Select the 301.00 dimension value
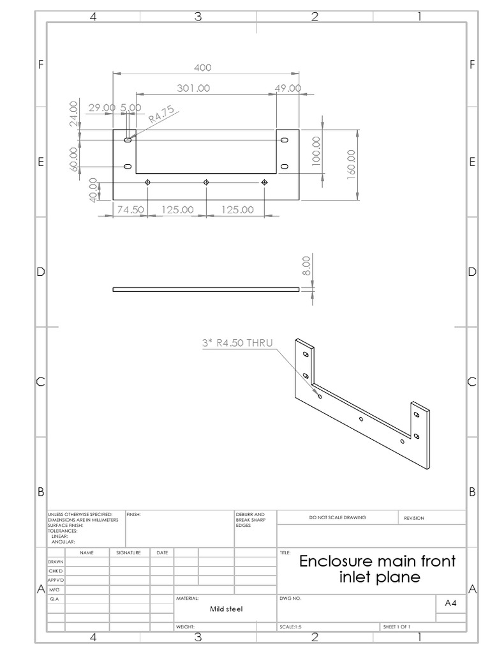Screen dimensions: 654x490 [x=193, y=89]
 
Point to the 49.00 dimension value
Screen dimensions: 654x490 [x=288, y=89]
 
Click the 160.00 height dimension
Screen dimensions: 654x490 [x=351, y=165]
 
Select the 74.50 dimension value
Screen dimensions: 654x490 [x=128, y=209]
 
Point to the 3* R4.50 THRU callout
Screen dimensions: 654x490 [x=235, y=344]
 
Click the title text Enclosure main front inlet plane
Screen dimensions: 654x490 [x=378, y=569]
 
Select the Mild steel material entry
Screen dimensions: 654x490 [x=226, y=609]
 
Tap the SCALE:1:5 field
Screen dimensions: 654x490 [x=290, y=627]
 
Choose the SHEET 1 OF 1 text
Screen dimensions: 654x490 [x=396, y=627]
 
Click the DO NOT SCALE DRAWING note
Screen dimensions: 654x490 [x=338, y=517]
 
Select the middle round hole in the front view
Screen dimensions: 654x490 [x=206, y=183]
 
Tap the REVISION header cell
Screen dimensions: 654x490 [x=414, y=518]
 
